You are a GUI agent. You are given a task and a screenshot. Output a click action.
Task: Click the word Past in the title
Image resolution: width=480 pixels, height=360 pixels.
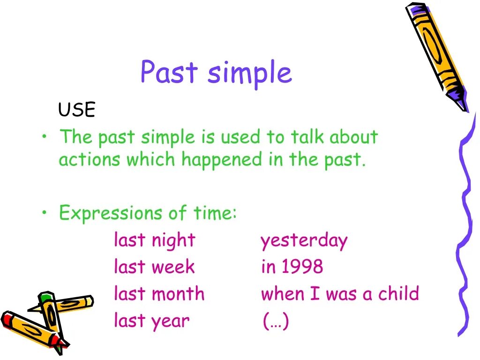[169, 71]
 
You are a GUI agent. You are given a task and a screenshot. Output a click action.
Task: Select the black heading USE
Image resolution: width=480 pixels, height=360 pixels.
[77, 109]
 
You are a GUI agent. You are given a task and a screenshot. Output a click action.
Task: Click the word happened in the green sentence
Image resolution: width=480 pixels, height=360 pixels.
[222, 160]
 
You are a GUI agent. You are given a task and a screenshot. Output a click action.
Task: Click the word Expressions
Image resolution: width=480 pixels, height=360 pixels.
[111, 213]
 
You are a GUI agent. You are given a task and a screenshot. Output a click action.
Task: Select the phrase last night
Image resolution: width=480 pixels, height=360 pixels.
[155, 240]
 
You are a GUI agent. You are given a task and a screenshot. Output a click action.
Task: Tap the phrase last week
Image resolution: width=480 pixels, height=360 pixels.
[154, 266]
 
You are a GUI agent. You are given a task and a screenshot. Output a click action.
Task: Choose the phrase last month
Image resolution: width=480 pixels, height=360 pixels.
[159, 293]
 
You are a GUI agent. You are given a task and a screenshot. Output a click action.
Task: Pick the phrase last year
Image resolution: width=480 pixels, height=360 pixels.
[152, 321]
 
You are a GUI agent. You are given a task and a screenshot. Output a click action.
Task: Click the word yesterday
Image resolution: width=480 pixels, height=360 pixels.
[304, 241]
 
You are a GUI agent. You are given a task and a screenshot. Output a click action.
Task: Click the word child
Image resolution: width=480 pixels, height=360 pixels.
[398, 293]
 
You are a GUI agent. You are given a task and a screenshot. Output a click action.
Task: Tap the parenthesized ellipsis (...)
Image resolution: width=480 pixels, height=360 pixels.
[276, 321]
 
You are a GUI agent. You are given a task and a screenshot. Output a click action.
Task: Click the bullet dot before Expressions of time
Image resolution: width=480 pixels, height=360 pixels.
[45, 212]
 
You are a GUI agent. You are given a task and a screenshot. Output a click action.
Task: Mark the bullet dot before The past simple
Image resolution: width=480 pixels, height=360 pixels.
[45, 136]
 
